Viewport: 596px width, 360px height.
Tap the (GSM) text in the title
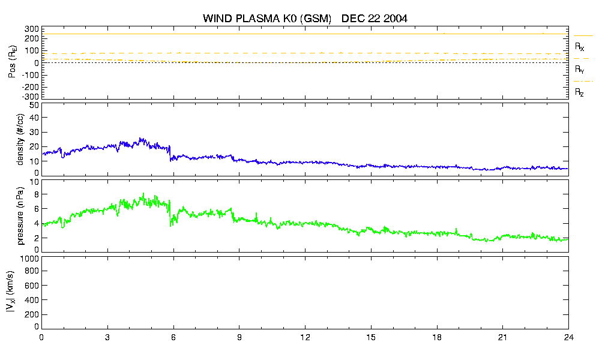coord(316,19)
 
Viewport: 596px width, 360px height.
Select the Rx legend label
coord(579,47)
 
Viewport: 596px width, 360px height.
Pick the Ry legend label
coord(579,69)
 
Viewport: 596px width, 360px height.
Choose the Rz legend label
coord(579,92)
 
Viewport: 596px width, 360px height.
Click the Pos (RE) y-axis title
coord(13,62)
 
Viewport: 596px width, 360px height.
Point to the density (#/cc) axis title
coord(20,140)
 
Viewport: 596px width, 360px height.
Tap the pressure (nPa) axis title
coord(20,216)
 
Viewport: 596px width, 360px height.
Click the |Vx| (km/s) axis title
coord(11,292)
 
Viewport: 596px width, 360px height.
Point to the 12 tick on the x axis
coord(305,337)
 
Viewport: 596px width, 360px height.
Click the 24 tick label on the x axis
coord(568,337)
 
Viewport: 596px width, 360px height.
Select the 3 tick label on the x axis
coord(107,337)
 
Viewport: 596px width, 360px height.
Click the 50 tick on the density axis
coord(34,106)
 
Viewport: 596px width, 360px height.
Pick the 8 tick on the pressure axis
coord(37,194)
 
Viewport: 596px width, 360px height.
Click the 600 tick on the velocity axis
coord(32,286)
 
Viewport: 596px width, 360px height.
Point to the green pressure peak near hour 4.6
coord(143,194)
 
